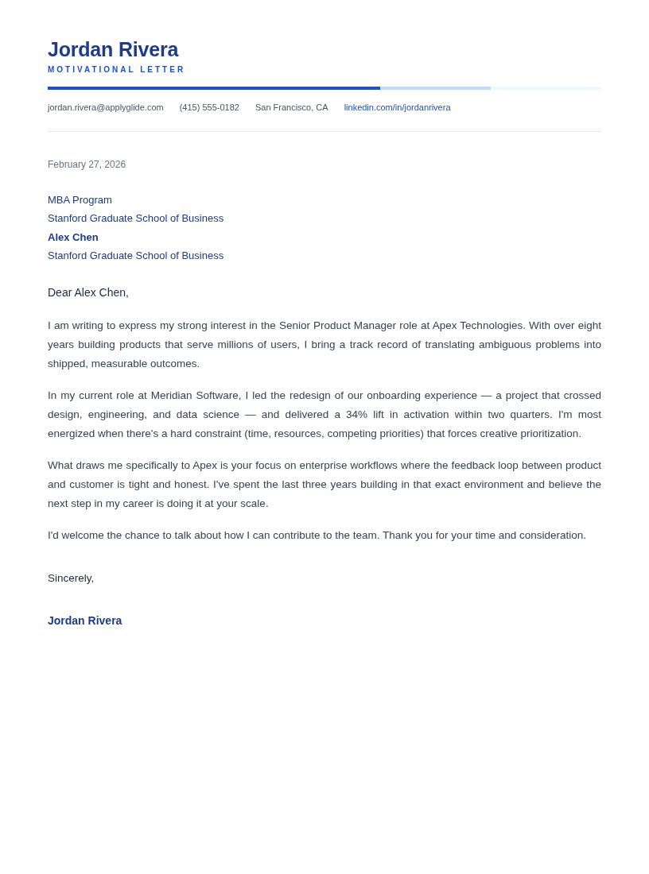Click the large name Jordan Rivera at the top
pyautogui.click(x=113, y=49)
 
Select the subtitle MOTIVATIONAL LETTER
pyautogui.click(x=116, y=70)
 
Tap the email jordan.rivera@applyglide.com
pyautogui.click(x=106, y=107)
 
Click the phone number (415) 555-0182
pyautogui.click(x=209, y=107)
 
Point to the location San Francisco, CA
pyautogui.click(x=291, y=107)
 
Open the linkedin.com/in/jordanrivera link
pyautogui.click(x=397, y=107)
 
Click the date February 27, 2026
pyautogui.click(x=87, y=164)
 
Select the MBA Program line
pyautogui.click(x=80, y=200)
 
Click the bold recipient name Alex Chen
pyautogui.click(x=73, y=237)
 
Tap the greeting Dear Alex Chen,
pyautogui.click(x=88, y=292)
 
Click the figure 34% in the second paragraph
pyautogui.click(x=356, y=415)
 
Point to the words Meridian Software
pyautogui.click(x=196, y=396)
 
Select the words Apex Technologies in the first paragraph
pyautogui.click(x=478, y=326)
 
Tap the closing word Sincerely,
pyautogui.click(x=71, y=578)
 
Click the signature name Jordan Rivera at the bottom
pyautogui.click(x=85, y=621)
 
